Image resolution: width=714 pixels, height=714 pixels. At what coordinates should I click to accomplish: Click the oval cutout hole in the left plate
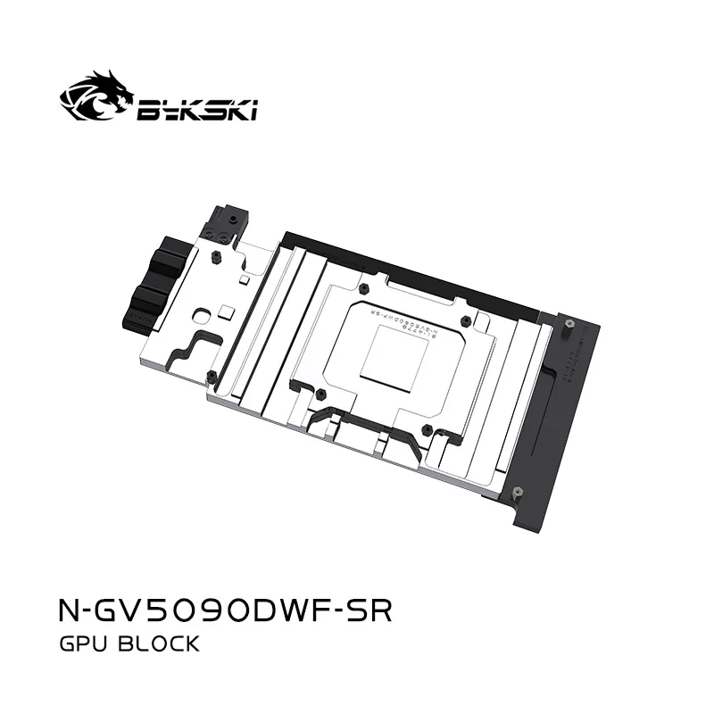[x=203, y=314]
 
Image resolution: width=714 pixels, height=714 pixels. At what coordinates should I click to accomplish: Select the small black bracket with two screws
[x=222, y=223]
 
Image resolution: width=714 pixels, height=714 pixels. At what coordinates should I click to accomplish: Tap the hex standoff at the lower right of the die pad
[x=428, y=431]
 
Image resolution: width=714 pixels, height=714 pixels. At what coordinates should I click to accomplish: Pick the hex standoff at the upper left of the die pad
[x=365, y=290]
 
